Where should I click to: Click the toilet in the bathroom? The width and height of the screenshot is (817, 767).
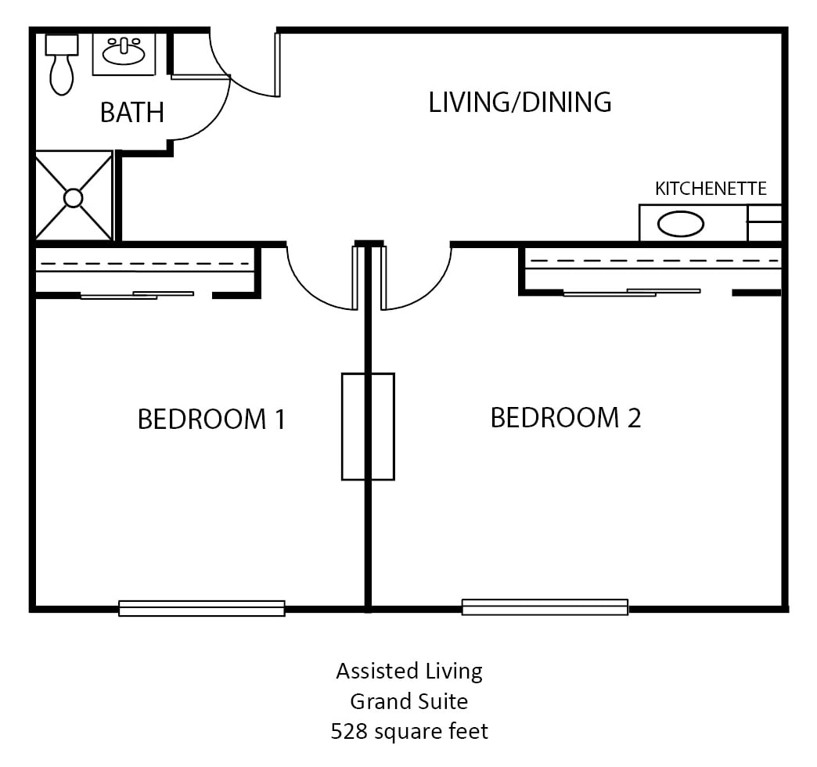pos(62,66)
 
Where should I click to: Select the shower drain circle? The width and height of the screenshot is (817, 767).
pos(73,199)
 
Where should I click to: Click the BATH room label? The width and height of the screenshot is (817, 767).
pos(132,113)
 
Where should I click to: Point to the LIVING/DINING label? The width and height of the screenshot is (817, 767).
pos(520,102)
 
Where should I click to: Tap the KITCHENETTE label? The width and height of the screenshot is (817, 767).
pos(711,189)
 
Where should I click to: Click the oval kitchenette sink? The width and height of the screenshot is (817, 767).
pos(681,224)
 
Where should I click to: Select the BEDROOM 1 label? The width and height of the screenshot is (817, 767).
pos(211,419)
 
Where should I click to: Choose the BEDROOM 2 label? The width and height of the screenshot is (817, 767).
pos(566,418)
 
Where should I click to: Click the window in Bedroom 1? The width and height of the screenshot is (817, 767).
pos(202,609)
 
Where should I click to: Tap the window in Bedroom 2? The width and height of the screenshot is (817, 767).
pos(545,607)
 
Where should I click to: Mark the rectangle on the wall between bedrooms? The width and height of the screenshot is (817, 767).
pos(368,427)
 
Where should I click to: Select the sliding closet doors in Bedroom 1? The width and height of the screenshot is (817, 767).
pos(137,295)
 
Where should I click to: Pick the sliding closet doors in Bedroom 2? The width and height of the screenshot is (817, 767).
pos(632,292)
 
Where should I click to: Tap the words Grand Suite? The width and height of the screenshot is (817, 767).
pos(409,702)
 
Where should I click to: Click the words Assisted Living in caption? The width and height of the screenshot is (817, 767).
pos(409,672)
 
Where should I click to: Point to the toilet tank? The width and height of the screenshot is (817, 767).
pos(62,45)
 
